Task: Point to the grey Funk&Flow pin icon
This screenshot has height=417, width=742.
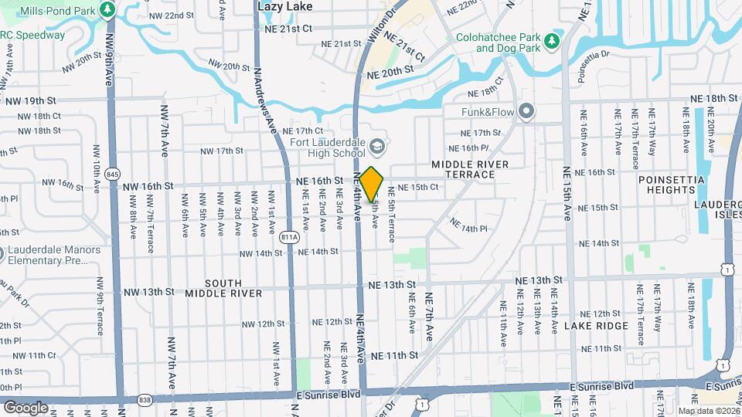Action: (x=526, y=113)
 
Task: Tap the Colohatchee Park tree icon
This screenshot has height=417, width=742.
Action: (x=551, y=40)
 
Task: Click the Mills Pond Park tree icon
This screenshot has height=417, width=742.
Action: (x=108, y=11)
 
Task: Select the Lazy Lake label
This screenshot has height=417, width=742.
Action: (x=285, y=6)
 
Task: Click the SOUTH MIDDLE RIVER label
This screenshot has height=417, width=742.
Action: (x=223, y=288)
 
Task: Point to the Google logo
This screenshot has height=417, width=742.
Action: (x=26, y=407)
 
